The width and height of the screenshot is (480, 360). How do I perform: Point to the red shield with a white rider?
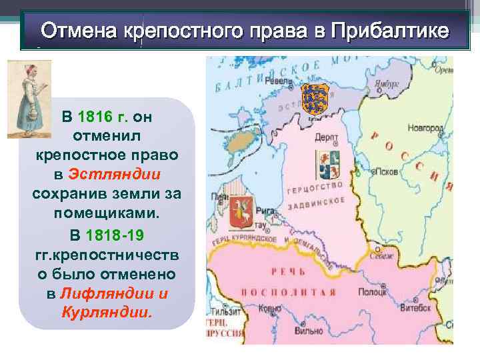coord(239,215)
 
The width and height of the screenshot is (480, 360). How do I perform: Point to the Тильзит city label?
coord(223,311)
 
